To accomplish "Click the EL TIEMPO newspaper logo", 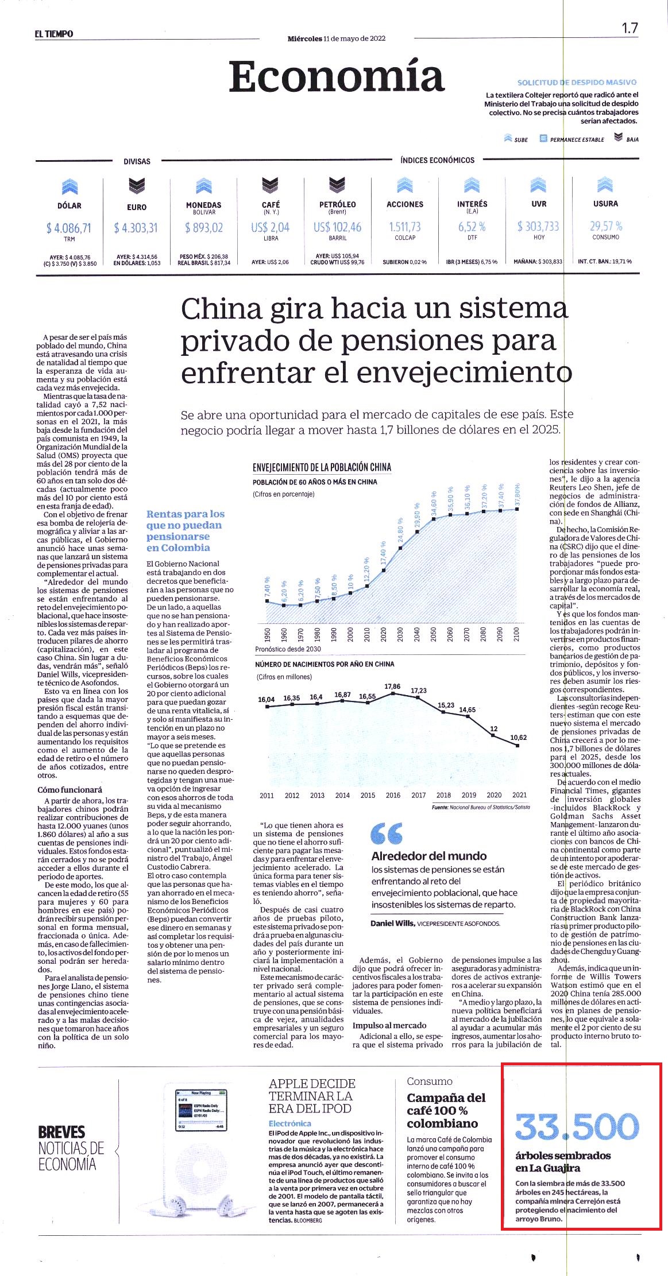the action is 54,34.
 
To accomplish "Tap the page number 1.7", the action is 630,28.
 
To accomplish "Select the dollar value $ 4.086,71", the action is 69,228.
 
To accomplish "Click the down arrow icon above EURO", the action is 137,185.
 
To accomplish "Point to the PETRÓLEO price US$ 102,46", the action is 338,227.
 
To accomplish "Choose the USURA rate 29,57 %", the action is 606,226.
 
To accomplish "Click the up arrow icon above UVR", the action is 539,184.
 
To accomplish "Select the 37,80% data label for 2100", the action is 518,494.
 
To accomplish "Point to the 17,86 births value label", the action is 392,686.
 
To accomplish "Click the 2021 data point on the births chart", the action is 518,746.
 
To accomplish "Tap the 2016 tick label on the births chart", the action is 393,795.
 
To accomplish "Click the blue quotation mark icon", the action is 387,833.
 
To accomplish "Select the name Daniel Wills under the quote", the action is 393,924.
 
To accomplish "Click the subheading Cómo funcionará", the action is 70,790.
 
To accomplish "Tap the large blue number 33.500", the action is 577,1127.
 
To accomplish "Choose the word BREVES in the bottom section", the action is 61,1133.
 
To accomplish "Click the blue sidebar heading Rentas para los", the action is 186,514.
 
